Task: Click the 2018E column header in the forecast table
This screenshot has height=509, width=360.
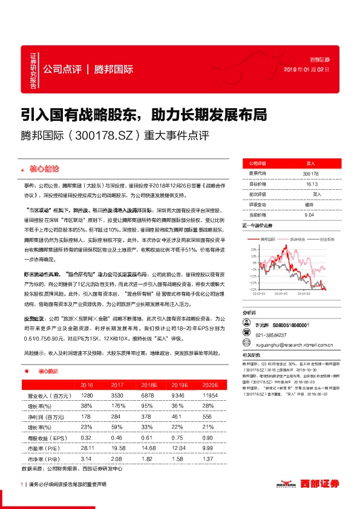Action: (149, 384)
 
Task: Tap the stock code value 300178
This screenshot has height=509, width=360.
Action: (310, 173)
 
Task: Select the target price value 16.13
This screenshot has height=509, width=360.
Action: (311, 184)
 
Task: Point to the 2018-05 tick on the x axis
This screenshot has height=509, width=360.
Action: (280, 295)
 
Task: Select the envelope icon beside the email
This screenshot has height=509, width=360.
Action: (246, 346)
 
